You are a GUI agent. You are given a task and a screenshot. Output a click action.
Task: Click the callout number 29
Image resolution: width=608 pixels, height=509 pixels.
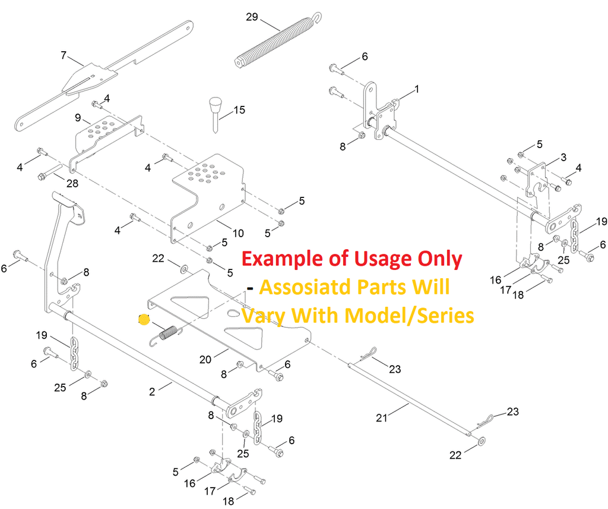[252, 17]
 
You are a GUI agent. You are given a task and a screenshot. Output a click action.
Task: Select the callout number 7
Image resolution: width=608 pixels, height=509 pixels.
[64, 55]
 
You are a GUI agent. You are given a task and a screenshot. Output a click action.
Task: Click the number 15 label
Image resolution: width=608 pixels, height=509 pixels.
[239, 110]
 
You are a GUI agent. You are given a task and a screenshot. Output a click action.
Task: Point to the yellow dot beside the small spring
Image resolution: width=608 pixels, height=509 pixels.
[143, 320]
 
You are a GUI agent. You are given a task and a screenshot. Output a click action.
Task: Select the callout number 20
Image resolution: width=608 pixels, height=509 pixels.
[205, 359]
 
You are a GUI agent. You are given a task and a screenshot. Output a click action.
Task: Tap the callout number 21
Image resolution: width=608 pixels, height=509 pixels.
[382, 418]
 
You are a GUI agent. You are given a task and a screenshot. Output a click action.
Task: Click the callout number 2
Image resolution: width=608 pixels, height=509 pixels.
[152, 391]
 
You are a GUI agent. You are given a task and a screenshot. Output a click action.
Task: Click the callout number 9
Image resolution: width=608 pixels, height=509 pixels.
[78, 118]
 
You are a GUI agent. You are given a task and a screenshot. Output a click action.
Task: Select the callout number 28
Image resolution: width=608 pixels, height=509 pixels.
[72, 183]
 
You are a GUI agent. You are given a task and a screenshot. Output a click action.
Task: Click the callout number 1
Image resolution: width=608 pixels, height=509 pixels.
[416, 89]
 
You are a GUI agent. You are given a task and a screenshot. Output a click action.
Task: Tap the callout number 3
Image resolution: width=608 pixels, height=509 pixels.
[563, 157]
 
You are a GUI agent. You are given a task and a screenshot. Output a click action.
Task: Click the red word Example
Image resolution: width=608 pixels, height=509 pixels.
[283, 259]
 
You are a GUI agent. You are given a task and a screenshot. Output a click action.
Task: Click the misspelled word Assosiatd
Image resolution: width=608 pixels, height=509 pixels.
[304, 287]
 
